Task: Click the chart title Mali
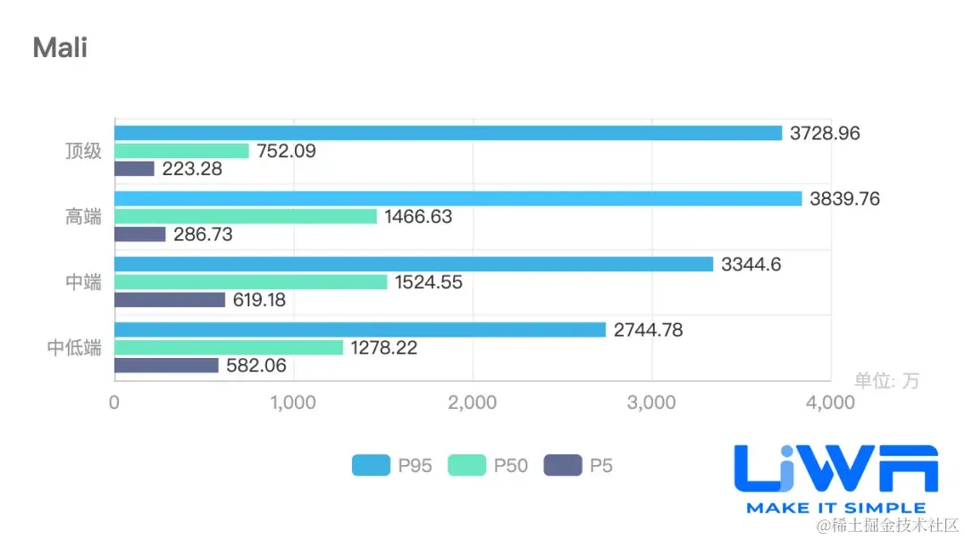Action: pos(60,47)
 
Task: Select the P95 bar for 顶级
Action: pos(448,133)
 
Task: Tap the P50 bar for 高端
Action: pos(246,216)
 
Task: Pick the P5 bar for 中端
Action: pos(170,300)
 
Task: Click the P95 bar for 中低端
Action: pos(360,329)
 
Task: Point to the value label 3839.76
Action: pos(844,199)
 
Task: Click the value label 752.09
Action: pos(286,151)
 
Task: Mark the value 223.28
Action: pos(192,169)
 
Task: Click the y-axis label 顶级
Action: pos(83,151)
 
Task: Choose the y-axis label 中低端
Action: pos(74,347)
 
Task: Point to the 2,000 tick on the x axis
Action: pos(473,403)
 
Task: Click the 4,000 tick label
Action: pos(830,403)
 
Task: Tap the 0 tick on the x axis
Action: pos(114,403)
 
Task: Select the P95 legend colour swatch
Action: pos(371,465)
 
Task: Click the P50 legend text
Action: pos(510,465)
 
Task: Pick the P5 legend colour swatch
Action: pos(562,465)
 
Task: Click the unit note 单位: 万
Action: pos(886,381)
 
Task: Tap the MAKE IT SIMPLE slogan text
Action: pos(835,507)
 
